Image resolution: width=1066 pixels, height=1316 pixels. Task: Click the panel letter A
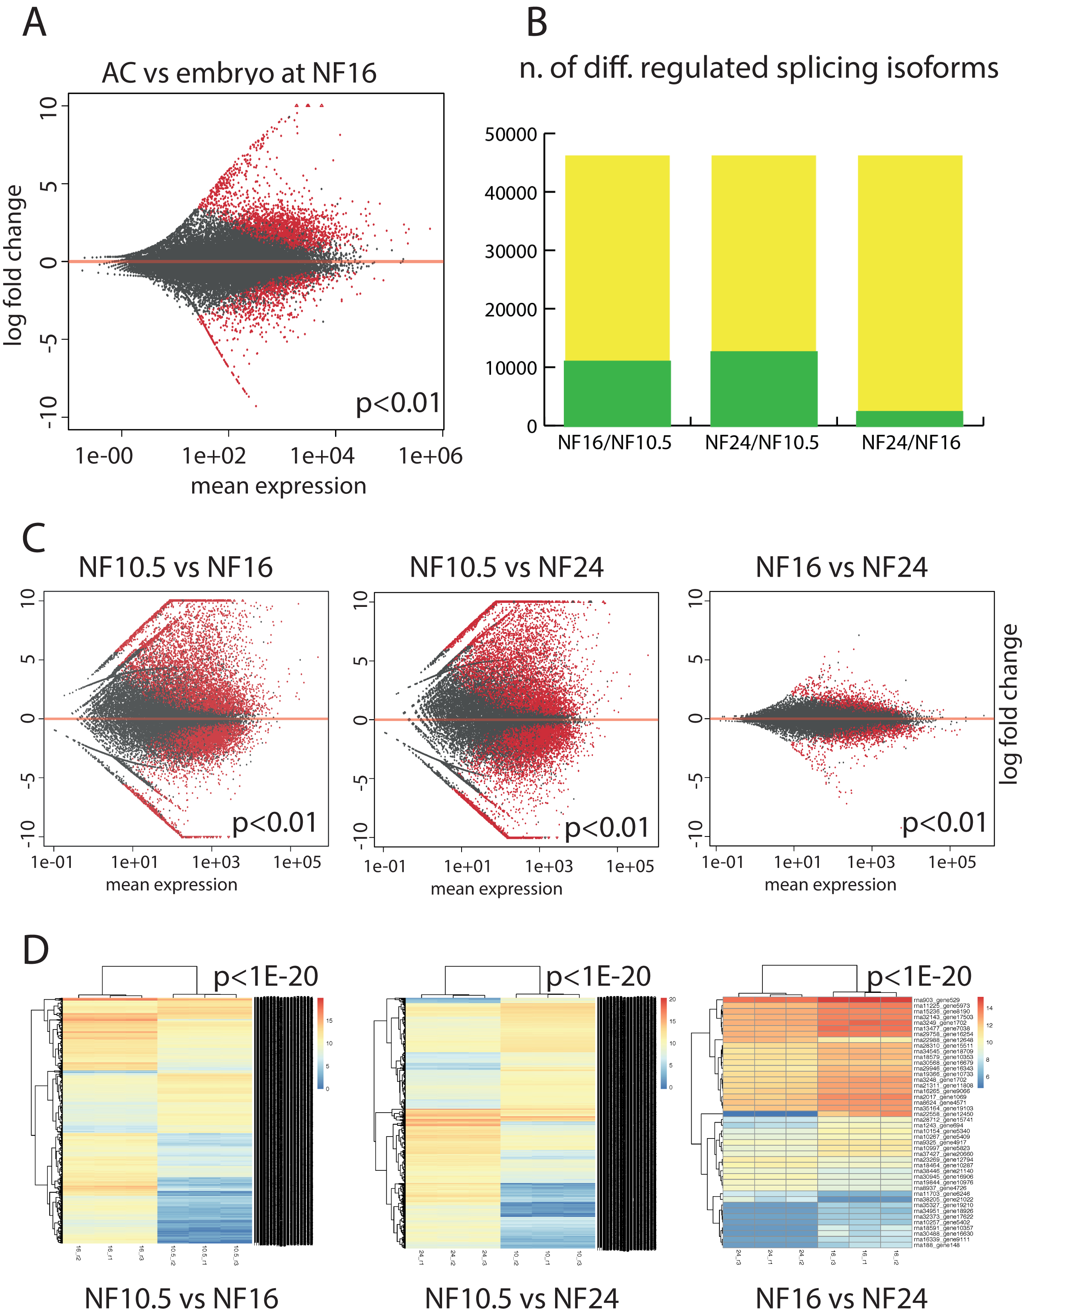34,23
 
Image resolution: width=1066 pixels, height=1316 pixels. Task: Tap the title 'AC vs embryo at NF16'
238,73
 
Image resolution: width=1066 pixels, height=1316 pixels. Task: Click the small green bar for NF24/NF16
909,418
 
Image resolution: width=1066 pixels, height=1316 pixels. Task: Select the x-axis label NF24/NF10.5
762,443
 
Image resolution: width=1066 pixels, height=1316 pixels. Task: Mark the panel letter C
34,538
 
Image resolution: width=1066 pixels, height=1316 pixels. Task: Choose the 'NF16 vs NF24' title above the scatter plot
841,567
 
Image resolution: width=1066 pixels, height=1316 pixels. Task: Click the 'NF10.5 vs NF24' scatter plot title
506,567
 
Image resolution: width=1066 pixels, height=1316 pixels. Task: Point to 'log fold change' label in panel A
14,265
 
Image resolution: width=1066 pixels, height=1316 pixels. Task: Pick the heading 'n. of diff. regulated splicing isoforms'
758,68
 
